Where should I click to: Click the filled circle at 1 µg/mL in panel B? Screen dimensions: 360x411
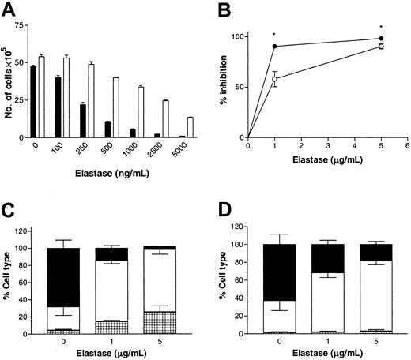[274, 47]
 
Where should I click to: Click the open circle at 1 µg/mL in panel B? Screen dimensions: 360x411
[274, 79]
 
